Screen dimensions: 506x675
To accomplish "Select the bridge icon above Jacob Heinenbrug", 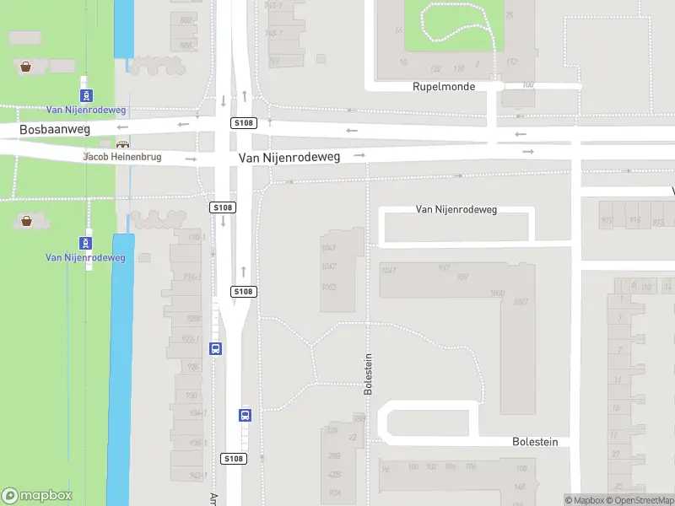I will click(124, 145).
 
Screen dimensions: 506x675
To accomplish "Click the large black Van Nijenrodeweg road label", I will click(289, 158).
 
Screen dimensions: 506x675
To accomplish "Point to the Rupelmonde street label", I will click(444, 87).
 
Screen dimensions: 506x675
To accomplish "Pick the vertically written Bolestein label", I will click(368, 374).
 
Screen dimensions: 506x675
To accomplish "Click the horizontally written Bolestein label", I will click(535, 442).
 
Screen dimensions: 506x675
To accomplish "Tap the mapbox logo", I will click(37, 496).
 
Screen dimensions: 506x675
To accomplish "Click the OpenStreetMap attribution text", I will click(640, 501).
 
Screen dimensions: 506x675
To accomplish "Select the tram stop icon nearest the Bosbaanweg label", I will click(86, 96).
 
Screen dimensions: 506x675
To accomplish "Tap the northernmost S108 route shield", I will click(243, 123).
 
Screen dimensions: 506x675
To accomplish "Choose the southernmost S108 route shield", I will click(234, 459).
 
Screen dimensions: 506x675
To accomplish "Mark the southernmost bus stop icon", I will click(245, 415).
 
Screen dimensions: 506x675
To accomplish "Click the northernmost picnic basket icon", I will click(26, 66).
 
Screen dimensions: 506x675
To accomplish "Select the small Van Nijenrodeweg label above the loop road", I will click(456, 209).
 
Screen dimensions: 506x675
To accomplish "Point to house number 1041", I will click(388, 270).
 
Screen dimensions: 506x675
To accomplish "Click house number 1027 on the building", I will click(520, 302).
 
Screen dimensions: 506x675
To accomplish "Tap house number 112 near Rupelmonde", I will click(510, 62).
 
